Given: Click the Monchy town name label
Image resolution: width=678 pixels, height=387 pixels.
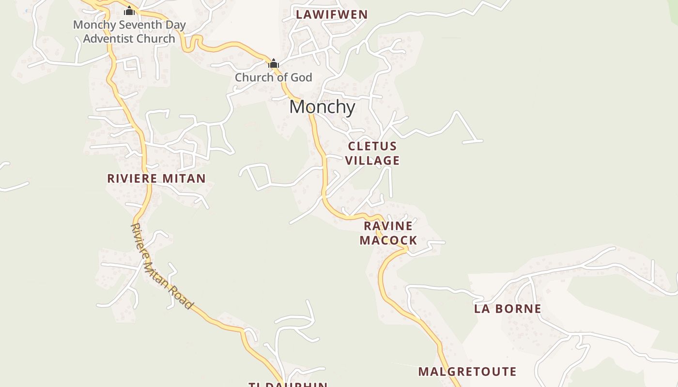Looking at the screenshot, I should tap(322, 107).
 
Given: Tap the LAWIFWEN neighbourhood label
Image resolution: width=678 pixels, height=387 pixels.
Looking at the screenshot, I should tap(332, 15).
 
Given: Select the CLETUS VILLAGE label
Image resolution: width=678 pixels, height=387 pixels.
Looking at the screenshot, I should tap(372, 153).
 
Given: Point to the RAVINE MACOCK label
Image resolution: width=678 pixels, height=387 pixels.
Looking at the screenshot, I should tap(388, 233).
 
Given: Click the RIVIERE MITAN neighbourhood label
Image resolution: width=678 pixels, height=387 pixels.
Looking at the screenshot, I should tap(156, 179).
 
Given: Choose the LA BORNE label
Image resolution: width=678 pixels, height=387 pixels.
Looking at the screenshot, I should tap(508, 309).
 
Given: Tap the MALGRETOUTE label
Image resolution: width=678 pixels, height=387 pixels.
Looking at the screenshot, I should tap(467, 372).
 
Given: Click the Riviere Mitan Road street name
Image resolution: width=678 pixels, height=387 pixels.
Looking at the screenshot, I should tap(162, 266).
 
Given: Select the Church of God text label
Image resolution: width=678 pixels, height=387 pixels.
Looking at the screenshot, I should tap(274, 77).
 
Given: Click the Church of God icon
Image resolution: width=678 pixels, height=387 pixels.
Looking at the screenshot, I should tap(274, 63).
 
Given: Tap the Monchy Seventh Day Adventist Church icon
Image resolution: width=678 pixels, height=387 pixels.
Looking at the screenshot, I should tap(129, 11).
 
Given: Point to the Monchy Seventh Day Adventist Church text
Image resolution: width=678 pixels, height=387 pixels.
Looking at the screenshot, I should tap(129, 32).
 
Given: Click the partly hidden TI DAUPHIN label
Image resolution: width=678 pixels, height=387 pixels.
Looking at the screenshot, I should tap(288, 385).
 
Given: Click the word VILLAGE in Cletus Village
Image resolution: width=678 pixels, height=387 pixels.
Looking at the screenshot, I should tap(372, 161).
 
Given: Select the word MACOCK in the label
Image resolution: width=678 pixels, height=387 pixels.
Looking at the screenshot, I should tap(388, 240).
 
